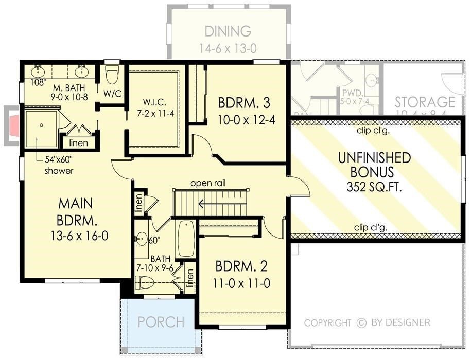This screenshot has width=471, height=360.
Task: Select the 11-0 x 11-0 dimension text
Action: coord(241,283)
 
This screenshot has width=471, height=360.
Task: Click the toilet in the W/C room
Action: coord(112,76)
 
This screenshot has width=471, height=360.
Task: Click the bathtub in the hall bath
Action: coord(185,239)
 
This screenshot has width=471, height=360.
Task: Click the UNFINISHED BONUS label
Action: coord(374,165)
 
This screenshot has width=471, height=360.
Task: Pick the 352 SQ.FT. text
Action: coord(374,187)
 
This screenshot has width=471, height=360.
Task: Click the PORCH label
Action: coord(161,322)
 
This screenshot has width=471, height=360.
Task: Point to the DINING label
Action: coord(228,31)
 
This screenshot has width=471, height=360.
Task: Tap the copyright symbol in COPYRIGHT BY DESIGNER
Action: coord(361,323)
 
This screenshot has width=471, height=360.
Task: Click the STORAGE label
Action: coord(425,102)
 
